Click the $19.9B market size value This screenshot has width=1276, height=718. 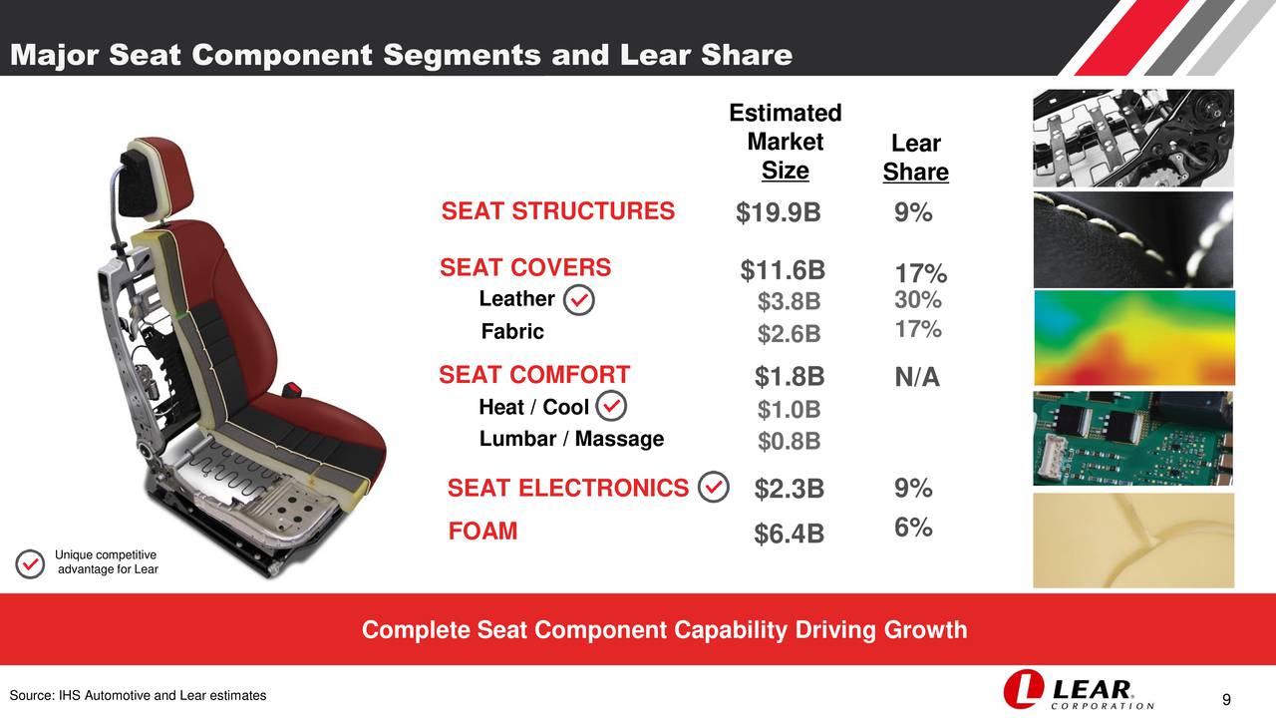point(779,213)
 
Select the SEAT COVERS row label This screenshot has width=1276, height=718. point(525,267)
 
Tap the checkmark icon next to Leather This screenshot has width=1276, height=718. point(578,300)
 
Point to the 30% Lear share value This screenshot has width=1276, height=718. point(917,300)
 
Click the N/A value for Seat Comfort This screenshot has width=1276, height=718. point(916,378)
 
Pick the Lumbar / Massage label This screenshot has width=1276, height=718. point(571,439)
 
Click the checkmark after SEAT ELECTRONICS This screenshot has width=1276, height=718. point(714,488)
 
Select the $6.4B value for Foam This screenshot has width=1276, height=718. point(789,536)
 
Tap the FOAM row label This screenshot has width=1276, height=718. point(482,531)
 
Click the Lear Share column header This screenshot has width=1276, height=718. point(915,159)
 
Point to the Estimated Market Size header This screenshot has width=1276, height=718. point(785,142)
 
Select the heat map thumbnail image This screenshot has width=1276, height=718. point(1133,338)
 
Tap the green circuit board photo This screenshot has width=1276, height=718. point(1133,438)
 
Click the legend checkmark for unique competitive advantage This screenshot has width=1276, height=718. point(31,562)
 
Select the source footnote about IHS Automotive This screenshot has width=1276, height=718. point(138,695)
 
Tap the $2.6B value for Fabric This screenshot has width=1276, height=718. point(789,334)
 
